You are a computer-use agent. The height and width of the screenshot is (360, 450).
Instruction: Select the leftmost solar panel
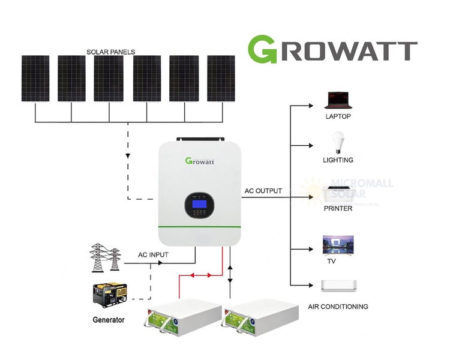pyautogui.click(x=35, y=79)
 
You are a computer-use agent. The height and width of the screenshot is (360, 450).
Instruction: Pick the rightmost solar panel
pyautogui.click(x=221, y=79)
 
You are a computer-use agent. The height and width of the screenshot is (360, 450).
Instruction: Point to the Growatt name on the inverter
pyautogui.click(x=200, y=161)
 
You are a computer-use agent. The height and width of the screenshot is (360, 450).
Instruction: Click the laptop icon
pyautogui.click(x=337, y=100)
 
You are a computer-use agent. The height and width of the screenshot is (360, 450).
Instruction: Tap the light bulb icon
pyautogui.click(x=337, y=143)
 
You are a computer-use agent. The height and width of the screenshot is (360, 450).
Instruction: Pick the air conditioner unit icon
pyautogui.click(x=339, y=286)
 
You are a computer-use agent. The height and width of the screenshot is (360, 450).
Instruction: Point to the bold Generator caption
pyautogui.click(x=109, y=320)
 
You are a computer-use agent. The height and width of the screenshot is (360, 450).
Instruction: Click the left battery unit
pyautogui.click(x=180, y=317)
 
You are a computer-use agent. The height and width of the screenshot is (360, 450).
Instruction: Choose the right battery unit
pyautogui.click(x=260, y=317)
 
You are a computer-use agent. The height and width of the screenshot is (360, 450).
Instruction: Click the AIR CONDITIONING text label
pyautogui.click(x=338, y=307)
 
